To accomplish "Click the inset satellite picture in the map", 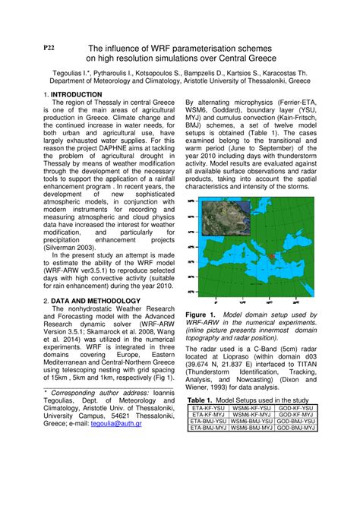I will click(226, 217).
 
